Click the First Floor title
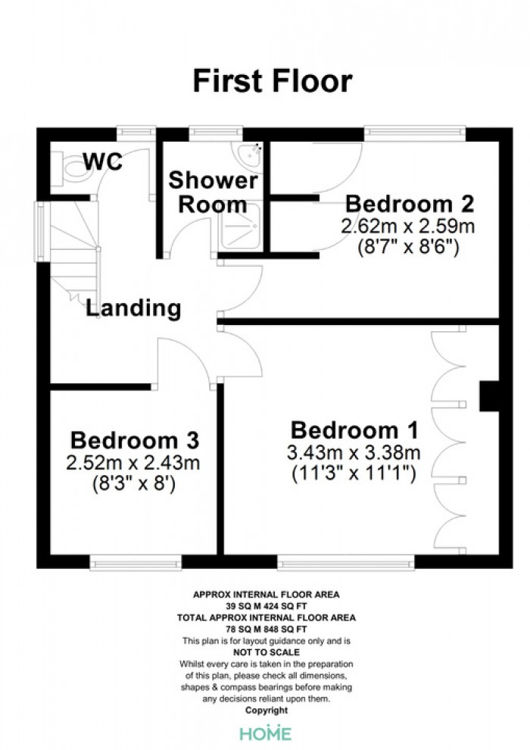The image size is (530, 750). (x=273, y=81)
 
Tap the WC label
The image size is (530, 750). (x=103, y=161)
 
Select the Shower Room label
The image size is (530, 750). (x=214, y=192)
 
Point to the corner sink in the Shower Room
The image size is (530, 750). (x=249, y=156)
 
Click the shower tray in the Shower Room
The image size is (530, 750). (x=240, y=227)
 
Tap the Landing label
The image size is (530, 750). (x=133, y=308)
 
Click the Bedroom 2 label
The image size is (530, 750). (x=410, y=204)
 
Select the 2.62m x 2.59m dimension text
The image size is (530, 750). (x=407, y=226)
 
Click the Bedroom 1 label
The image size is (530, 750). (x=354, y=430)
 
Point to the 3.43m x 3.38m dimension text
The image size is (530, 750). (x=354, y=452)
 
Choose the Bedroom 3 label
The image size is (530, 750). (x=134, y=440)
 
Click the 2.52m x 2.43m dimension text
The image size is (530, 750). (x=132, y=463)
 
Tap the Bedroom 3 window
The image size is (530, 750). (x=136, y=562)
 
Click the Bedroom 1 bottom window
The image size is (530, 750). (x=346, y=562)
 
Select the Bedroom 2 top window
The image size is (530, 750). (x=414, y=133)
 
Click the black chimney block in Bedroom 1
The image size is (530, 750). (x=489, y=395)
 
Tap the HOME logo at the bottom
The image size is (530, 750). (x=266, y=733)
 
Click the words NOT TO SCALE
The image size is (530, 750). (x=267, y=652)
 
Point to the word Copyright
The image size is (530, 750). (x=267, y=711)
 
